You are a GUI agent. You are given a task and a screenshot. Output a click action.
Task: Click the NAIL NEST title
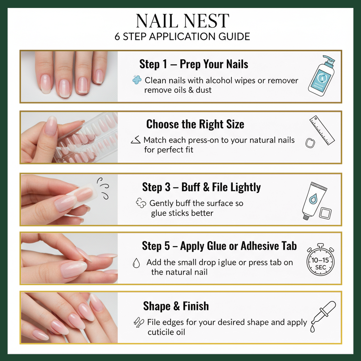pos(182,21)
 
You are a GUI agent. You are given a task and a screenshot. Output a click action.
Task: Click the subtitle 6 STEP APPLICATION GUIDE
pos(182,36)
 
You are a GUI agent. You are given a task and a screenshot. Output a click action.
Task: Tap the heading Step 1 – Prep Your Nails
pos(194,64)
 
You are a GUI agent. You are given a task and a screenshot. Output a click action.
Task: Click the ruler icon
pos(322,130)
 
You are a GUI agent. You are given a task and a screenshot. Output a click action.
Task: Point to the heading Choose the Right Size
pos(195,124)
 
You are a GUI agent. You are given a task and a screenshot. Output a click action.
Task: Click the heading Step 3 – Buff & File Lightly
pos(201,187)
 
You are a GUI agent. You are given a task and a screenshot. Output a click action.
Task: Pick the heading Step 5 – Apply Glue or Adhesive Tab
pos(219,246)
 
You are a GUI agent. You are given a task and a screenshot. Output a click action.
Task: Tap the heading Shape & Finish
pos(176,306)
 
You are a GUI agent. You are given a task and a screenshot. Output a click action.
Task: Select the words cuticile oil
pos(166,332)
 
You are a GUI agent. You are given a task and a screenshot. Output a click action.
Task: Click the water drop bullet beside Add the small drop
pos(136,264)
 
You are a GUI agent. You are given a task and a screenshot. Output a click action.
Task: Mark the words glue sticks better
pos(182,213)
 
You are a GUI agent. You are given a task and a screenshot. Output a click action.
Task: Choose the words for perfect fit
pos(169,149)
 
